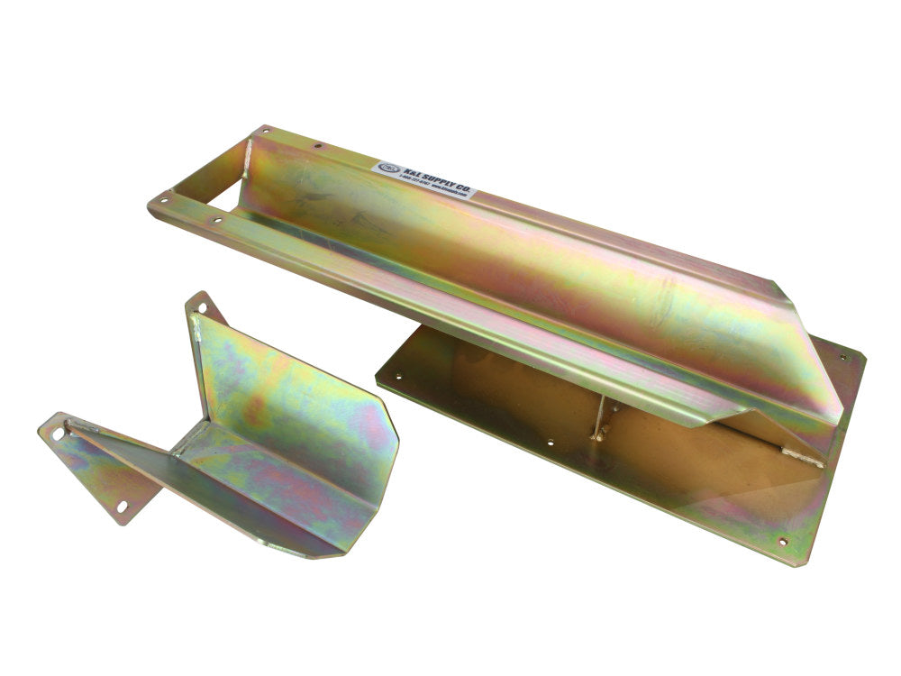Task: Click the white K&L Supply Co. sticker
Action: (x=424, y=179)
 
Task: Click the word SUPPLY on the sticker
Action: (x=431, y=178)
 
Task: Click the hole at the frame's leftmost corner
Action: (x=163, y=201)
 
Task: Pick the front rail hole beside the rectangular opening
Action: (x=215, y=220)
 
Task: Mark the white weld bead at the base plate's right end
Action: (x=802, y=458)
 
